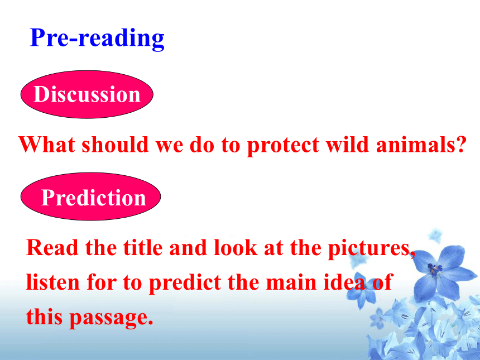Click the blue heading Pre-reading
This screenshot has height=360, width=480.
[x=97, y=39]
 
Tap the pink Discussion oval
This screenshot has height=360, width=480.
[x=87, y=94]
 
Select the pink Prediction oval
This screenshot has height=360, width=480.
[x=90, y=196]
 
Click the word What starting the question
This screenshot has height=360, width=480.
[x=46, y=144]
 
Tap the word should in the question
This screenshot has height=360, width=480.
[x=116, y=144]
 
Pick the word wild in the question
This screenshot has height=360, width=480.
[x=347, y=144]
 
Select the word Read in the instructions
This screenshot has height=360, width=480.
[x=52, y=248]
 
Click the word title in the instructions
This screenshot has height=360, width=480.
[x=143, y=247]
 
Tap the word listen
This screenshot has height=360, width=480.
[x=53, y=282]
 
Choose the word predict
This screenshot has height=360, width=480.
[x=185, y=283]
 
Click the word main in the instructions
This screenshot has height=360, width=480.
[x=291, y=282]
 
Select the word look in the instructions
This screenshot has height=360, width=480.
[x=236, y=247]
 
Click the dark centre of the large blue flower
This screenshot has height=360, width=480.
[x=435, y=270]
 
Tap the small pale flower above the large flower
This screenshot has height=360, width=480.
[x=435, y=236]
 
